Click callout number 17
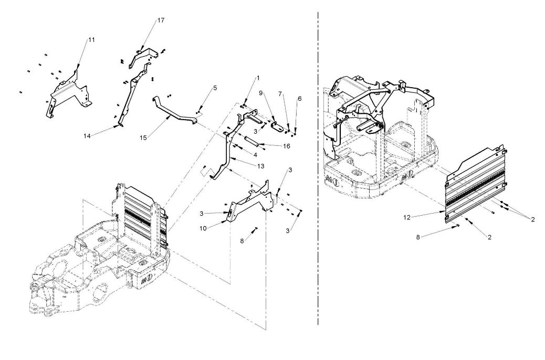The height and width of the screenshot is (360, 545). (161, 20)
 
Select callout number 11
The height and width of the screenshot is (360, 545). (91, 40)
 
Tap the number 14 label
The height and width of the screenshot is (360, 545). (87, 136)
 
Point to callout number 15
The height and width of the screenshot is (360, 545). (143, 138)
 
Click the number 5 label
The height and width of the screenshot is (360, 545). (215, 88)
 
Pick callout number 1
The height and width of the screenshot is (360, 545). (258, 79)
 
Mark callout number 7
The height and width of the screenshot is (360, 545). (280, 94)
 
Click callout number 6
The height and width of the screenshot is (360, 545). (300, 99)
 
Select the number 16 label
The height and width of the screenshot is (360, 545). (286, 146)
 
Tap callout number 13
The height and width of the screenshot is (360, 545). (260, 166)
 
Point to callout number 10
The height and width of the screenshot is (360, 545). (203, 228)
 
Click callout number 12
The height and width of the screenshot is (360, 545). (407, 218)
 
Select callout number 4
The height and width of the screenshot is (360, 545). (255, 155)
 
